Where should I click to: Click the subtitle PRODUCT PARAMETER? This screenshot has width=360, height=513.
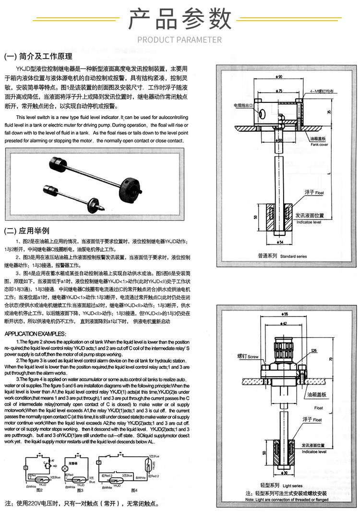pyautogui.click(x=180, y=39)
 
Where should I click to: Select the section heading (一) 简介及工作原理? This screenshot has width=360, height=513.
pyautogui.click(x=38, y=56)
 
